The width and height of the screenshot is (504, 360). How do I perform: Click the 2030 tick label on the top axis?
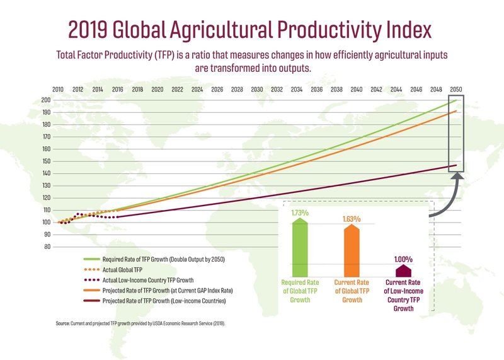coord(256,90)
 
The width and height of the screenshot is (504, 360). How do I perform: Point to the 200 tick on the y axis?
coord(46,100)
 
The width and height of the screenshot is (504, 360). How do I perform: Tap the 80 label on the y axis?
coord(47,247)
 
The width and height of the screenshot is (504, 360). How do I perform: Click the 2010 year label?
coord(58,90)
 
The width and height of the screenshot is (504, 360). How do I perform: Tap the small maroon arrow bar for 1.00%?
coord(403,270)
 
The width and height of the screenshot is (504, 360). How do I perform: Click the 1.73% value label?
coord(300,213)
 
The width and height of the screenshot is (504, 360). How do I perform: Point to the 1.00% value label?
coord(403,258)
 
